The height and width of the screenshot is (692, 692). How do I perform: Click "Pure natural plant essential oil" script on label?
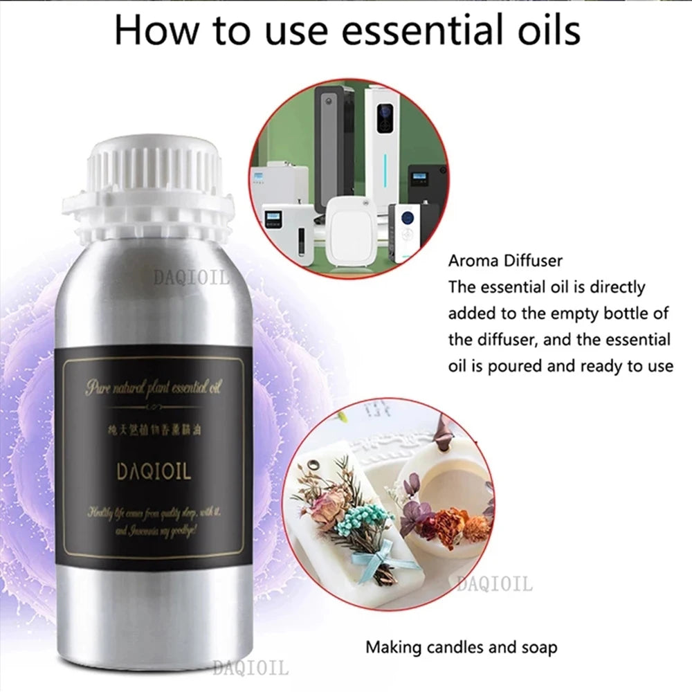tap(154, 388)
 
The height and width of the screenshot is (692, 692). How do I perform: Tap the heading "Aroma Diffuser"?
tap(505, 261)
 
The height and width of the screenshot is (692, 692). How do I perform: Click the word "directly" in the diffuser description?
tap(616, 286)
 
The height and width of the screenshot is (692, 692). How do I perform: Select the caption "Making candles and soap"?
tap(461, 648)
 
